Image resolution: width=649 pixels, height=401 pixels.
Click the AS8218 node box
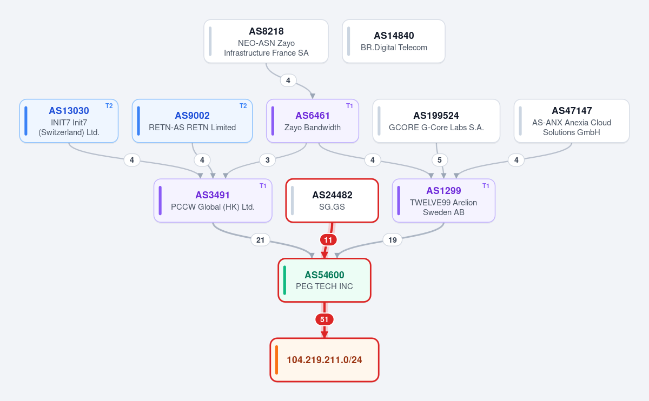[266, 42]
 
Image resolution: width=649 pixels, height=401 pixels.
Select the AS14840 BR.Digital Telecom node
[394, 42]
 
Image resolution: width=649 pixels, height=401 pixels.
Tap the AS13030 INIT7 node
[69, 121]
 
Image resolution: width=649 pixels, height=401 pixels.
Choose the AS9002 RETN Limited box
[192, 121]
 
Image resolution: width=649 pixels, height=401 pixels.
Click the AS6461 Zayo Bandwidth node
[313, 121]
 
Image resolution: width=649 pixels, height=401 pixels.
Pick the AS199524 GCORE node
[436, 121]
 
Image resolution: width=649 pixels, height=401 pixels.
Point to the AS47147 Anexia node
[572, 121]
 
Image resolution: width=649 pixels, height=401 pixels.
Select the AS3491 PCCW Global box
[213, 201]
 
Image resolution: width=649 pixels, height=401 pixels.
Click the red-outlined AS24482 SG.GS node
[332, 201]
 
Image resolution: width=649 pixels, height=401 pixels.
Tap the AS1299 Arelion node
[443, 201]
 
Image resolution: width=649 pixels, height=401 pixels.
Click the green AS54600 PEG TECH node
[324, 280]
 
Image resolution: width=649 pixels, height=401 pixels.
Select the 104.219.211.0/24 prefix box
[324, 360]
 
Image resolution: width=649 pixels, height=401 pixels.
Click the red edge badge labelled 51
[324, 319]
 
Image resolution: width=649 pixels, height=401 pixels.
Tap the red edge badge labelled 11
[328, 240]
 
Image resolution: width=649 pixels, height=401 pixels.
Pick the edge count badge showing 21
[260, 240]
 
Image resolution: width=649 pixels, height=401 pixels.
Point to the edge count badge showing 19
[392, 240]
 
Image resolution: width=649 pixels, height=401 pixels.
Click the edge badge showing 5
[440, 160]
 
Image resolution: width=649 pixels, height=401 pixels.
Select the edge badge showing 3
[267, 160]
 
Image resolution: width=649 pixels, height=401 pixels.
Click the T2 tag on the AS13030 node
[109, 106]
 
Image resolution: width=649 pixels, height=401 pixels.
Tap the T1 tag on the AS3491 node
[263, 186]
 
